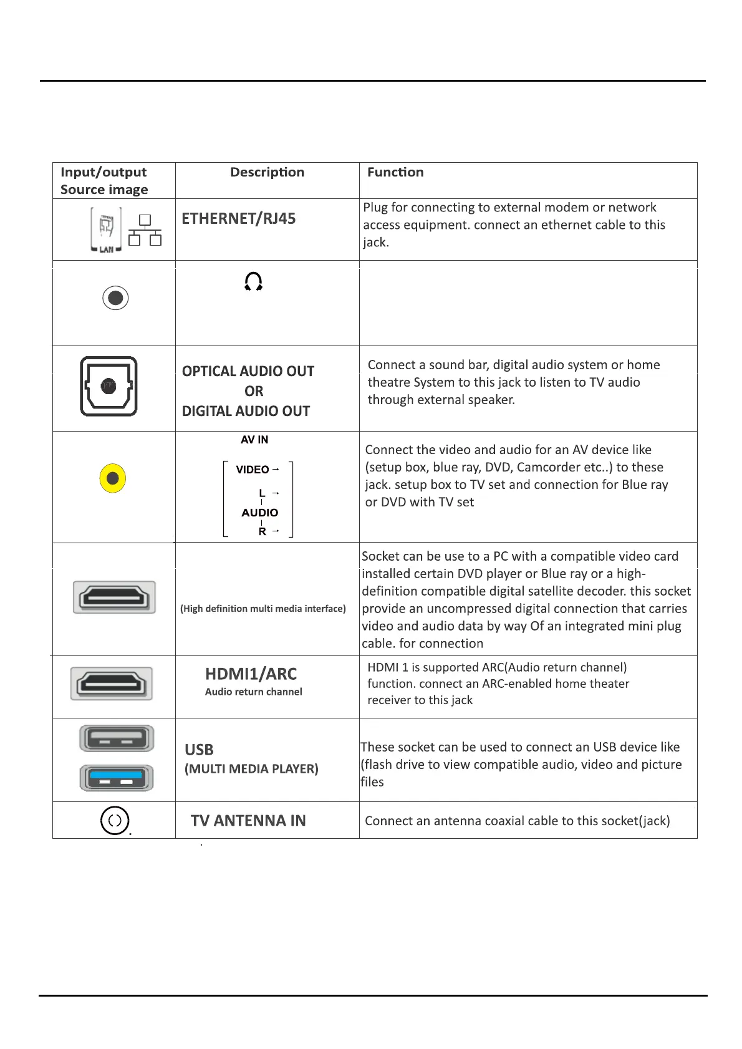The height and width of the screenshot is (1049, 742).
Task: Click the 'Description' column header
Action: click(267, 172)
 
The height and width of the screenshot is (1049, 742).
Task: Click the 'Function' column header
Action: click(395, 172)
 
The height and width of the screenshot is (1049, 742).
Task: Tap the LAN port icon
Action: click(107, 230)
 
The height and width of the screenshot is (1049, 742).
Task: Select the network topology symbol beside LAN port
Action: click(145, 230)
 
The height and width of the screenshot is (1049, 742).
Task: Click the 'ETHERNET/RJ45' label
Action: click(238, 219)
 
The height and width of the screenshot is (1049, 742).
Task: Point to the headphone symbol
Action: click(253, 282)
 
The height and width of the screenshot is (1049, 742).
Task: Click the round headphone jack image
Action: click(115, 298)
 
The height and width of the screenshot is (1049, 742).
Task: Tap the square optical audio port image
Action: click(108, 386)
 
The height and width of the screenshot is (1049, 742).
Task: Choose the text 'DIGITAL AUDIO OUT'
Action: click(246, 411)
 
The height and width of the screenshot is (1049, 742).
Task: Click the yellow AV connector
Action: click(113, 478)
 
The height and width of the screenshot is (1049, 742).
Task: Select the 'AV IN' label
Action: click(254, 440)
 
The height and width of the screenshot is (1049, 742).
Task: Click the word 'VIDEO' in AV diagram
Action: click(253, 470)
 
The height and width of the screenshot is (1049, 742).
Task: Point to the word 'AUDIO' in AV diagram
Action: click(259, 513)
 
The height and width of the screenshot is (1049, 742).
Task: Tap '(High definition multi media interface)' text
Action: click(263, 609)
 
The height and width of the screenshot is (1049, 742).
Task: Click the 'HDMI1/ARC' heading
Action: click(251, 674)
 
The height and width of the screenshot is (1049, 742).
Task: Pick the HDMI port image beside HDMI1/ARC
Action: click(112, 684)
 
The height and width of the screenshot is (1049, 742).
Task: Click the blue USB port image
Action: click(117, 778)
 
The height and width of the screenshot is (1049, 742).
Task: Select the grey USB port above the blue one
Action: click(117, 739)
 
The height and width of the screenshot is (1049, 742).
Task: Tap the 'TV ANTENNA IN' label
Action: click(248, 821)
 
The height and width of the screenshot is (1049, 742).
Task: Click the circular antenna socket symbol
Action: click(115, 821)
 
